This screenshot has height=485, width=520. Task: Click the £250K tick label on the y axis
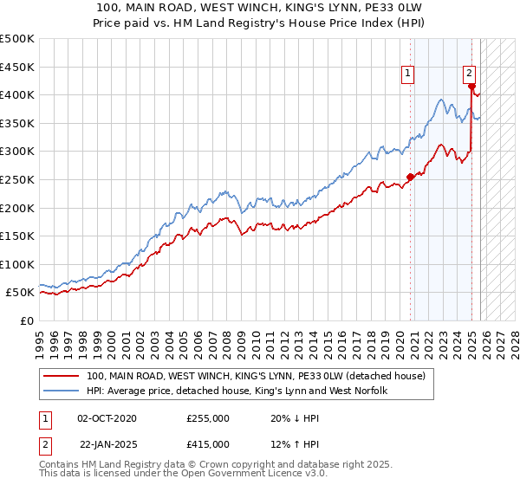(x=17, y=179)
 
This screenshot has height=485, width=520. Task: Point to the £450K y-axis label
(x=17, y=67)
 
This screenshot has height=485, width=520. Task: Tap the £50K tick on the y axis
(x=20, y=293)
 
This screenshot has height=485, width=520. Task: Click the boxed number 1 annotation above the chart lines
(x=407, y=74)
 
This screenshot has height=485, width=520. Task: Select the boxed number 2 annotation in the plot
(x=469, y=74)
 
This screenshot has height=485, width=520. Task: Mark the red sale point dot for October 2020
(x=410, y=177)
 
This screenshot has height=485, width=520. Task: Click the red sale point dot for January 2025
(x=471, y=86)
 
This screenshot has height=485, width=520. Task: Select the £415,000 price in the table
(x=208, y=443)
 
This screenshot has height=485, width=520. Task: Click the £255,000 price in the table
(x=208, y=417)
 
